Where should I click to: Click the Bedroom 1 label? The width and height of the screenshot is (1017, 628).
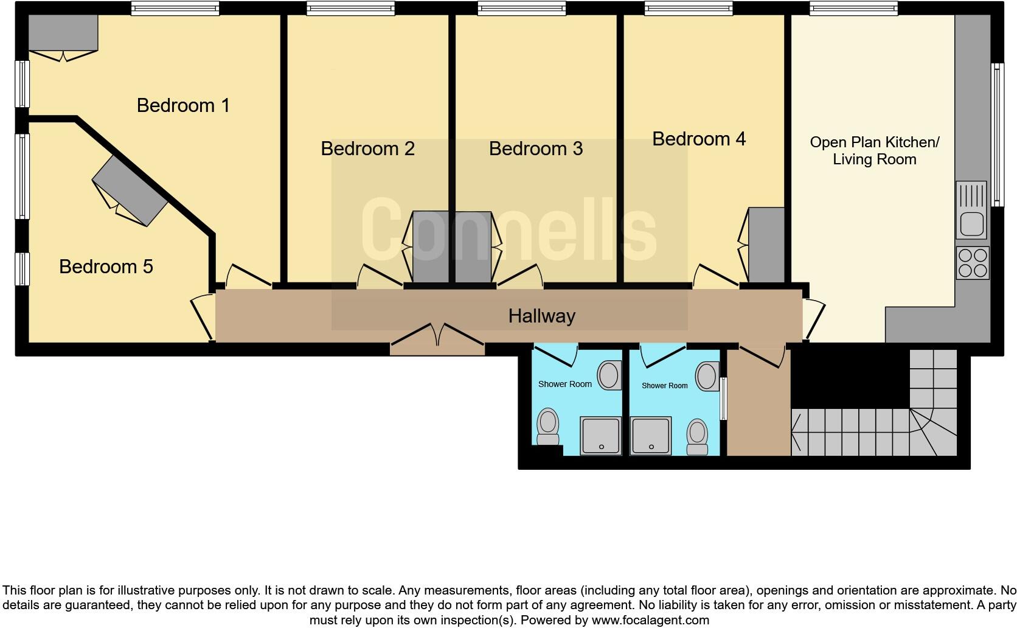[183, 105]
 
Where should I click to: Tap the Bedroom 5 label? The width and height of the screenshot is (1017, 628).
[106, 267]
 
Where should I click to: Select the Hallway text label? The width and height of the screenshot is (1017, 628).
[541, 316]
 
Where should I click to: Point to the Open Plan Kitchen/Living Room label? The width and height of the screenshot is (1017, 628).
[874, 150]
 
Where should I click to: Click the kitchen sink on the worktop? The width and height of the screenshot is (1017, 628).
[971, 211]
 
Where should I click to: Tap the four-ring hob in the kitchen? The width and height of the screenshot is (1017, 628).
[972, 263]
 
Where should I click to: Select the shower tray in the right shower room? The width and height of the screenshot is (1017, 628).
[651, 436]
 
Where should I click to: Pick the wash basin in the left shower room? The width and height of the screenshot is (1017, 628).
[609, 375]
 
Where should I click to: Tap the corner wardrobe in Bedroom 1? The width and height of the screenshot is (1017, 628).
[63, 33]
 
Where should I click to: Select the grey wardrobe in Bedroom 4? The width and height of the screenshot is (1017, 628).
[766, 245]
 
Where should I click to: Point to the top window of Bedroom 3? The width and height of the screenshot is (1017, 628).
[521, 8]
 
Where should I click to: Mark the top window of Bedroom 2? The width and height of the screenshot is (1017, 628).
[350, 8]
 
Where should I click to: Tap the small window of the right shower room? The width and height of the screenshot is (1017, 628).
[723, 399]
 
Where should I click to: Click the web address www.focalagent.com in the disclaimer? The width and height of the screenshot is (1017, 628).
[650, 621]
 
